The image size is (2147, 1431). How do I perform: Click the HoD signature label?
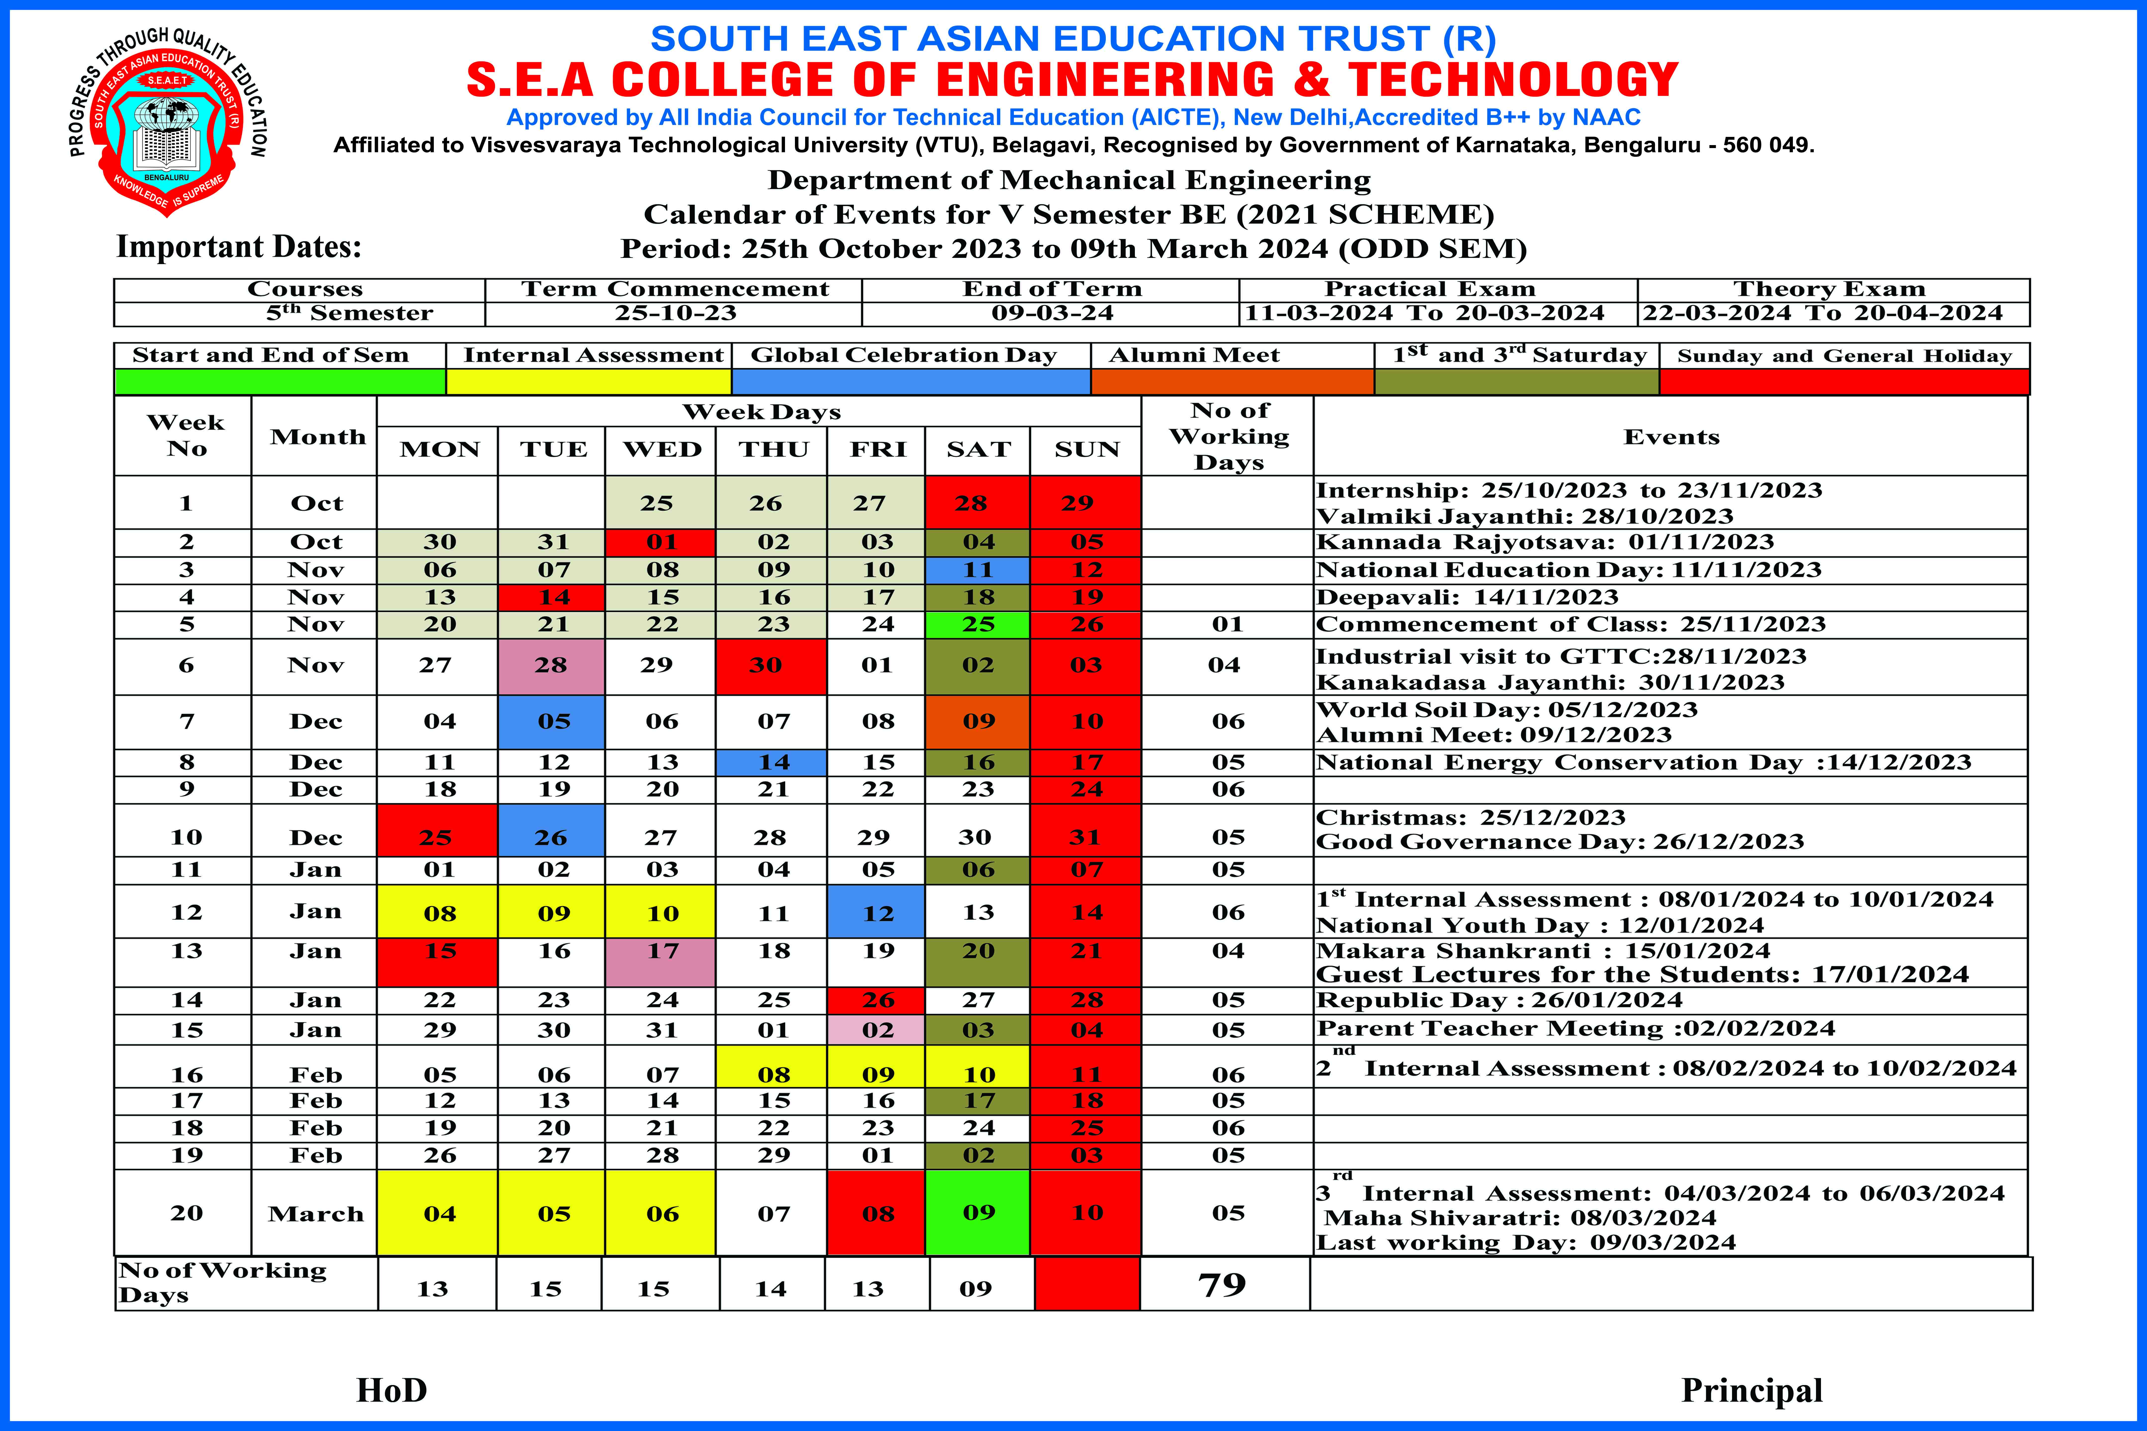tap(392, 1390)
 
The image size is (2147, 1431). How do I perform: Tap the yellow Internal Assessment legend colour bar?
tap(589, 382)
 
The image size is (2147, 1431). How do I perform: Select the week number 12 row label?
tap(186, 912)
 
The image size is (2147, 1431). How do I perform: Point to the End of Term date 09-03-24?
tap(1052, 313)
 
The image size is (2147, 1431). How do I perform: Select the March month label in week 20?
tap(316, 1214)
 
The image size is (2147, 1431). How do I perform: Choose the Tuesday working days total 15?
tap(546, 1289)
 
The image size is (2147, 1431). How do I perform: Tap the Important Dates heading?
tap(239, 247)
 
